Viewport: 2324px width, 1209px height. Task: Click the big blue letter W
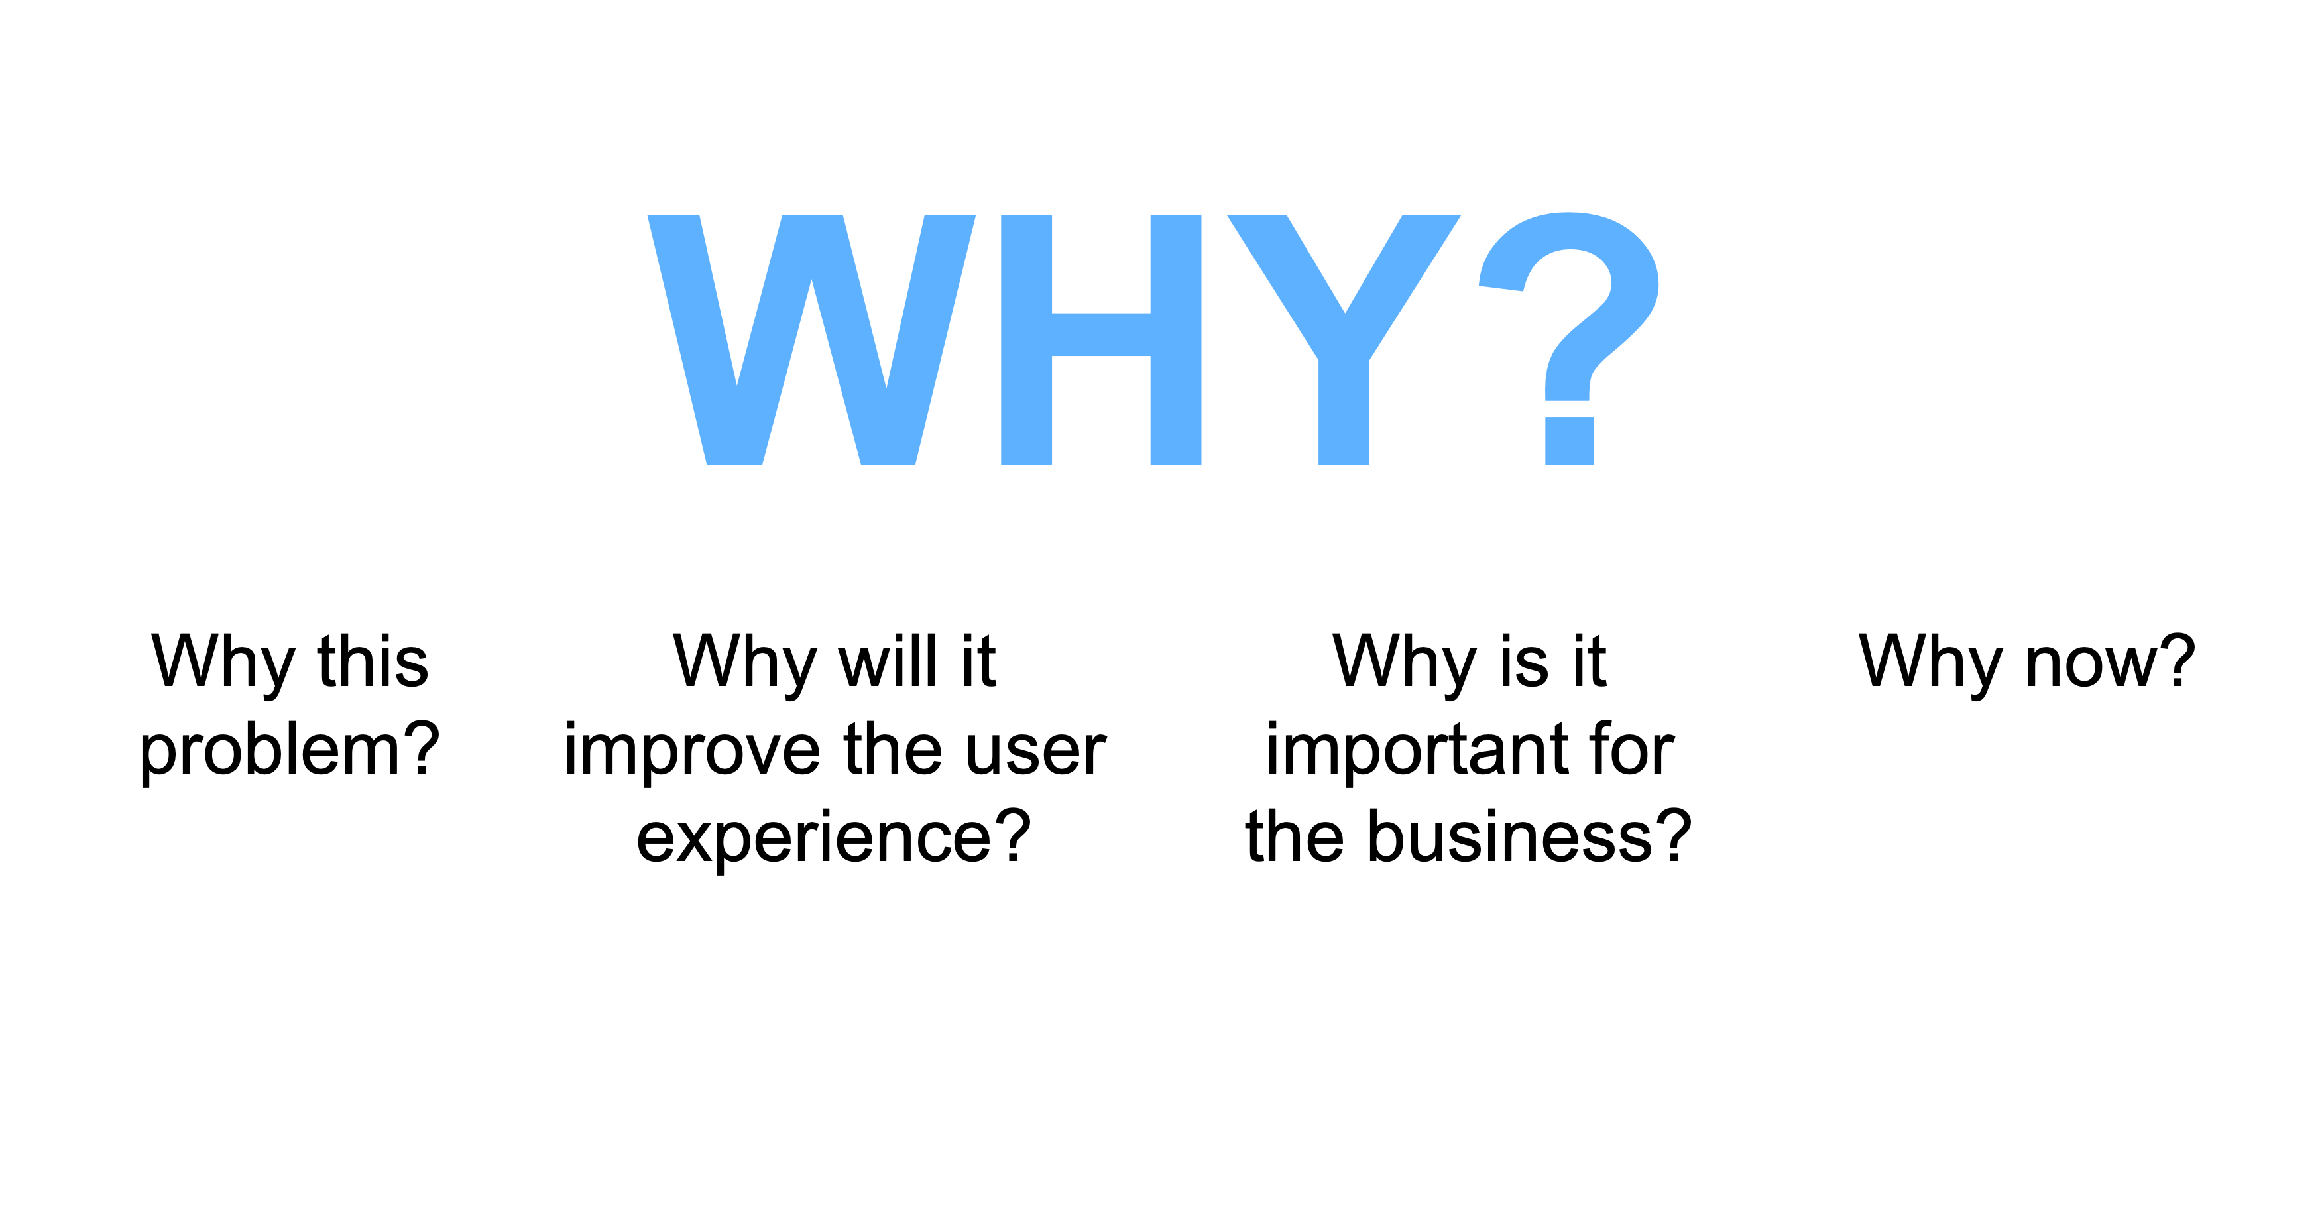(811, 340)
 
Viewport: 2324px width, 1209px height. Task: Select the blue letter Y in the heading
(1344, 340)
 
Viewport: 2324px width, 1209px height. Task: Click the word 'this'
(373, 662)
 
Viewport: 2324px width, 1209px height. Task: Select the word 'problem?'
(290, 752)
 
